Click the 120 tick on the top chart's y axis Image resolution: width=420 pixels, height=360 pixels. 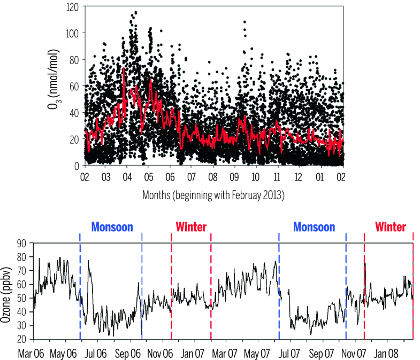pyautogui.click(x=74, y=6)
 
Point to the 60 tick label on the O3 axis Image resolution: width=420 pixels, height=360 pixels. pyautogui.click(x=75, y=86)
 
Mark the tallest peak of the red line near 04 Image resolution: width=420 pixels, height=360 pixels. pyautogui.click(x=124, y=68)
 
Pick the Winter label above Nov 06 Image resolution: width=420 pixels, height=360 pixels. pyautogui.click(x=191, y=227)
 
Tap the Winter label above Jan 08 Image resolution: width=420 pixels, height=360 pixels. pyautogui.click(x=390, y=227)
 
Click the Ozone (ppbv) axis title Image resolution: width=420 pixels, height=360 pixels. pyautogui.click(x=7, y=291)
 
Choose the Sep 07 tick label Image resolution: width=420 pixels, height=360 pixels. pyautogui.click(x=323, y=353)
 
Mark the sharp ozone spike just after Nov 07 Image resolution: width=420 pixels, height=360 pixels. pyautogui.click(x=365, y=263)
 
